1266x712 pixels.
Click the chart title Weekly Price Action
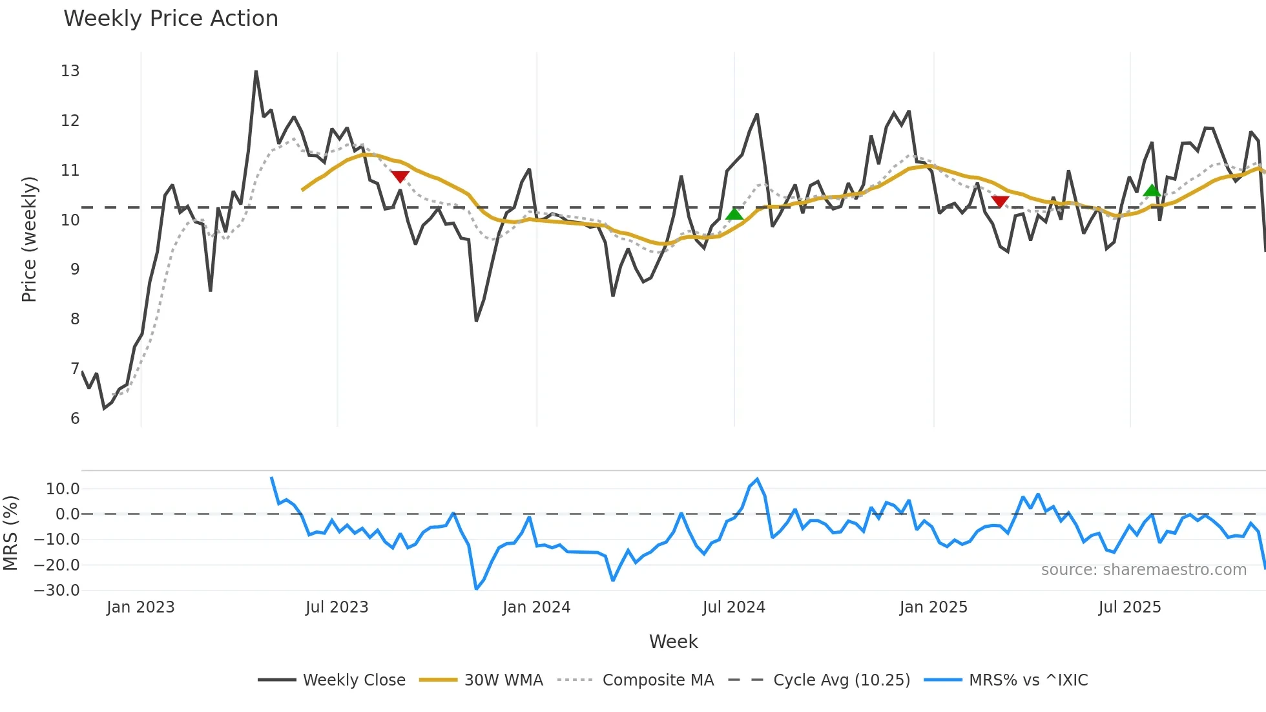click(171, 19)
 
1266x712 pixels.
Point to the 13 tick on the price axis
click(70, 71)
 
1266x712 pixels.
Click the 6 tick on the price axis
click(75, 419)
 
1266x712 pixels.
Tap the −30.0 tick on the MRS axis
click(57, 591)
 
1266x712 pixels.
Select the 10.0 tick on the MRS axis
click(63, 489)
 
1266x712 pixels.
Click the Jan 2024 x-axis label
click(536, 607)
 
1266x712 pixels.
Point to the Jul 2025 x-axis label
click(1129, 607)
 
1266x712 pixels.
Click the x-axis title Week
click(673, 642)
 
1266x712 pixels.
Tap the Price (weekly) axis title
click(29, 239)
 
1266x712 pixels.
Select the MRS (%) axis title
click(10, 533)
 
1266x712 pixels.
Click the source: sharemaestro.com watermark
click(1143, 570)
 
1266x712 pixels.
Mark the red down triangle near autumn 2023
click(400, 176)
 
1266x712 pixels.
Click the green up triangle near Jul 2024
click(734, 214)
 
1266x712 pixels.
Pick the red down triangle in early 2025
click(1000, 202)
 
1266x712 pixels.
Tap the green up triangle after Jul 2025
click(1152, 190)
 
